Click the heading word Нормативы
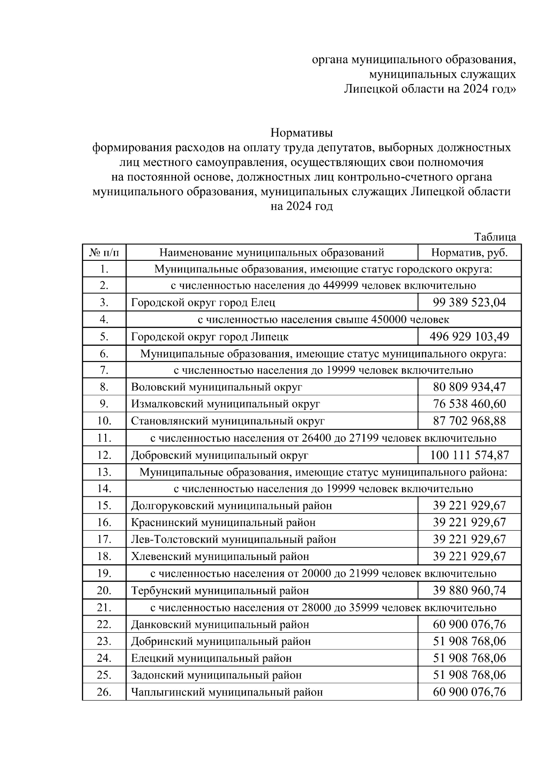coord(301,133)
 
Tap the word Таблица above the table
coord(495,237)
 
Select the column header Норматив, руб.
coord(469,252)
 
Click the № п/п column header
coord(104,252)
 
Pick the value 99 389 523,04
coord(469,302)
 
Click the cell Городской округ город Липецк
coord(210,337)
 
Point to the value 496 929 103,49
coord(469,336)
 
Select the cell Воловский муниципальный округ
coord(216,387)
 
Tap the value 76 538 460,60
coord(469,404)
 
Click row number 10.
coord(104,421)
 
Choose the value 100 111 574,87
coord(469,455)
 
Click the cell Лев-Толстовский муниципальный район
coord(233,539)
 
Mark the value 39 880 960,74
coord(469,590)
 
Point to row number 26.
coord(104,692)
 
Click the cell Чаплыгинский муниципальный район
coord(227,692)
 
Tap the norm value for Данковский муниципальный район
coord(469,625)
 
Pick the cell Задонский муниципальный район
coord(216,675)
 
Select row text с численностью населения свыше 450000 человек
coord(323,320)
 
